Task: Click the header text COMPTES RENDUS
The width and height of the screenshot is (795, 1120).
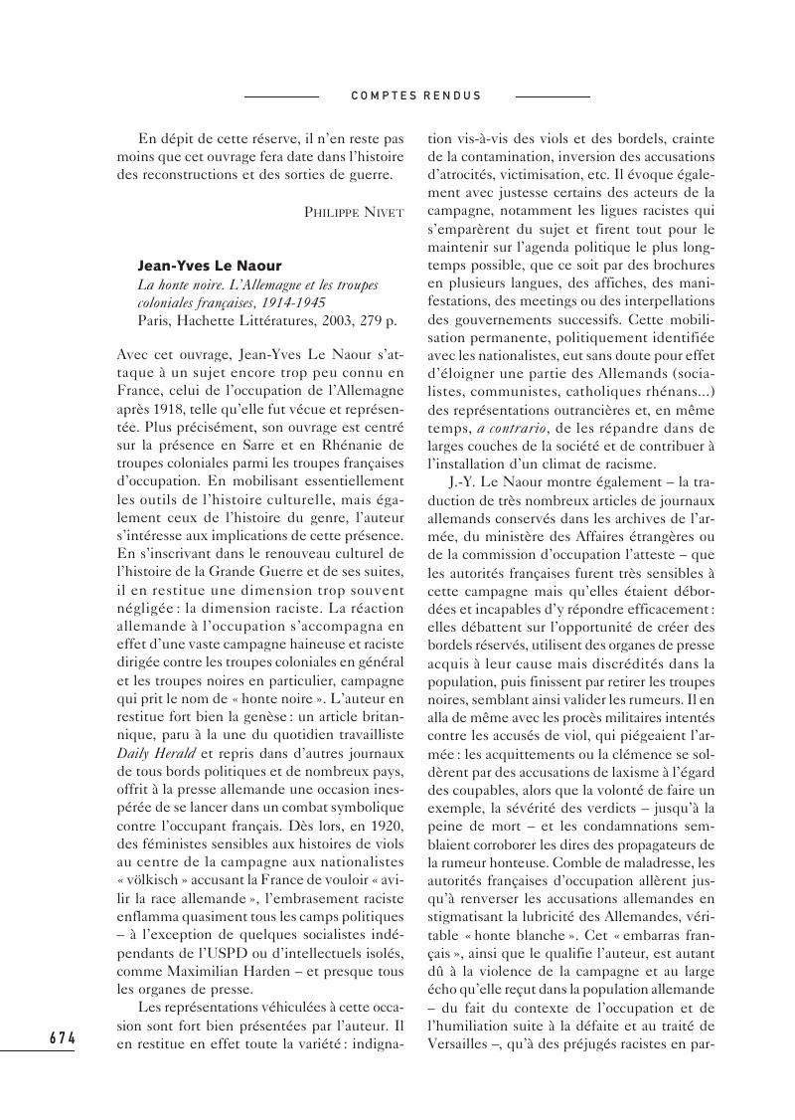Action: pyautogui.click(x=416, y=96)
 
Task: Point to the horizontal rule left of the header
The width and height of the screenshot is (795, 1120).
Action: pyautogui.click(x=281, y=96)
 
